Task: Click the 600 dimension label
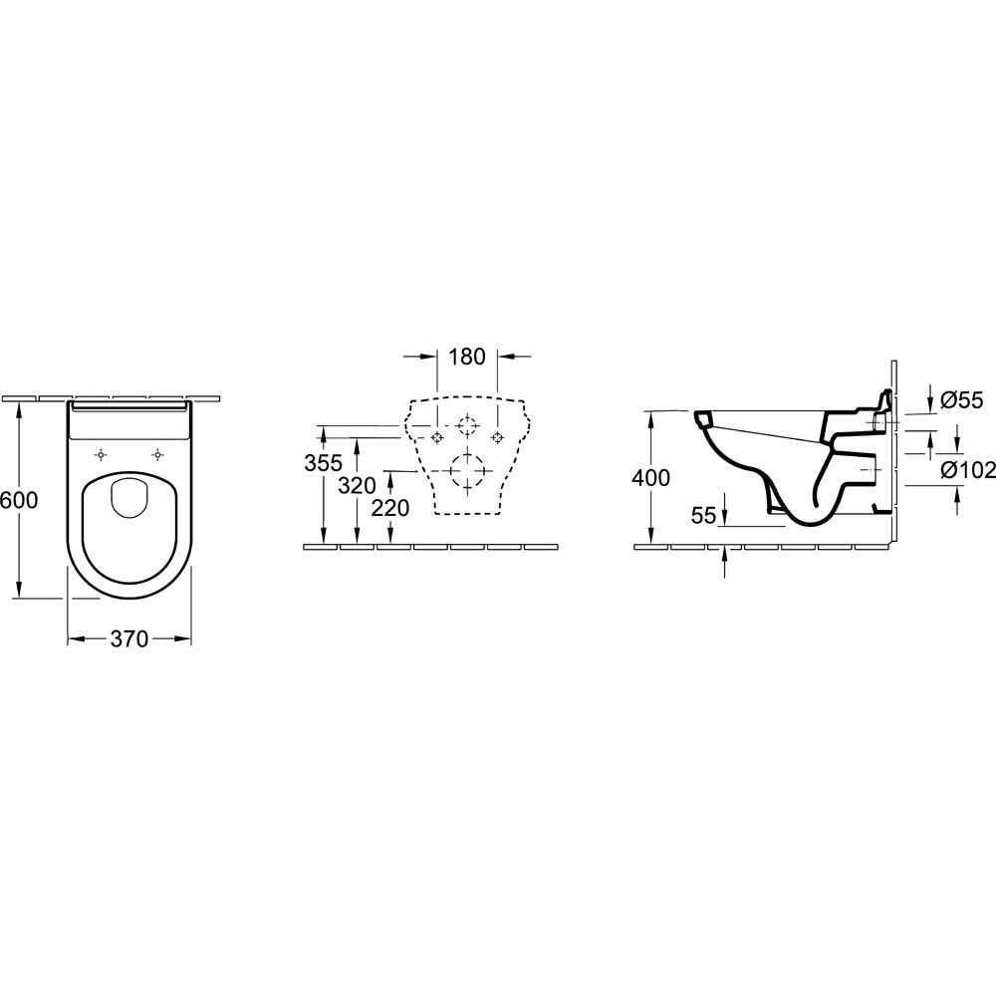click(19, 501)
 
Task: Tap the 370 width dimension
click(128, 639)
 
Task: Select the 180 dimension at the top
click(467, 357)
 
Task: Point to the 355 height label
click(324, 463)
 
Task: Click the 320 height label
click(357, 486)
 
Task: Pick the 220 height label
click(390, 508)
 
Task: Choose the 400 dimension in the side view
click(650, 478)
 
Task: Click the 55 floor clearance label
click(703, 516)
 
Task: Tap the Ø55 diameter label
click(962, 399)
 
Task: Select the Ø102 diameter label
click(967, 469)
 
